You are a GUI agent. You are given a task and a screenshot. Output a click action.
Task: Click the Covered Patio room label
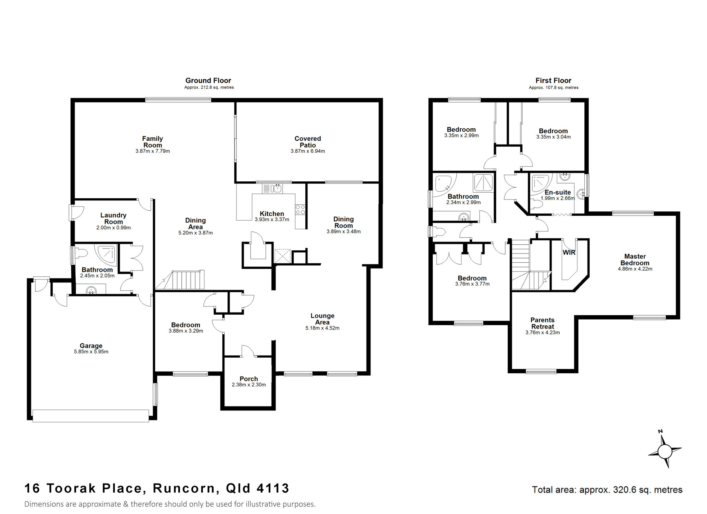pos(308,142)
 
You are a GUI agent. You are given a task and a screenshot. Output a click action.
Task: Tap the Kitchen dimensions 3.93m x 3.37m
pos(272,220)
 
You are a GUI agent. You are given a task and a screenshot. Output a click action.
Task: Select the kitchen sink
pos(272,188)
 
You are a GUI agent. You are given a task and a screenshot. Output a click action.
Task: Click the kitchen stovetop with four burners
pos(300,210)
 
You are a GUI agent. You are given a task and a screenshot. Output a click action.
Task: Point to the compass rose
pos(665,451)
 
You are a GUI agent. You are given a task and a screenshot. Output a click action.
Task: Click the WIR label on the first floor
pos(569,252)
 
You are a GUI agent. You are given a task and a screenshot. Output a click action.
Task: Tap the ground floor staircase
pos(180,280)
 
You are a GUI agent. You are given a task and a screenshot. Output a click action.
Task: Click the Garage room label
pos(91,346)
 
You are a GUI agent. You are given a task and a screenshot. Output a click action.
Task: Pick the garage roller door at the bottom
pos(90,415)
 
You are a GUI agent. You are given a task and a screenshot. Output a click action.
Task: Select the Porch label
pos(249,379)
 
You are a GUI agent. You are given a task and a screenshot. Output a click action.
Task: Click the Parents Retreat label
pos(542,323)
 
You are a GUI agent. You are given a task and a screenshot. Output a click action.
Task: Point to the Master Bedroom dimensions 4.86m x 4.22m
pos(635,269)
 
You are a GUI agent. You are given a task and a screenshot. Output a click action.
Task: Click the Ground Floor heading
pos(208,81)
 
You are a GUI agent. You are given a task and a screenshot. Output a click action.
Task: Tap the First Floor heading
pos(553,81)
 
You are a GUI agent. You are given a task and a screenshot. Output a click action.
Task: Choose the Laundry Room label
pos(113,218)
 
